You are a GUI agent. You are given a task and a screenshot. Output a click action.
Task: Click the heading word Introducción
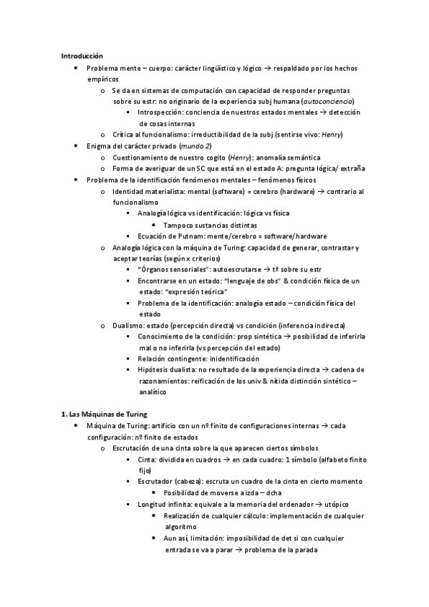[x=82, y=55]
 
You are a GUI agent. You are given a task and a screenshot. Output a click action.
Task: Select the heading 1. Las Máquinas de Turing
[x=105, y=414]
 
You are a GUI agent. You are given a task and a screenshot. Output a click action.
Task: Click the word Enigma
[x=101, y=146]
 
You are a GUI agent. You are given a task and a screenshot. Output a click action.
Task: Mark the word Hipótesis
[x=155, y=370]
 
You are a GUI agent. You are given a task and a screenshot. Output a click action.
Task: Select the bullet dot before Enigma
[x=77, y=146]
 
